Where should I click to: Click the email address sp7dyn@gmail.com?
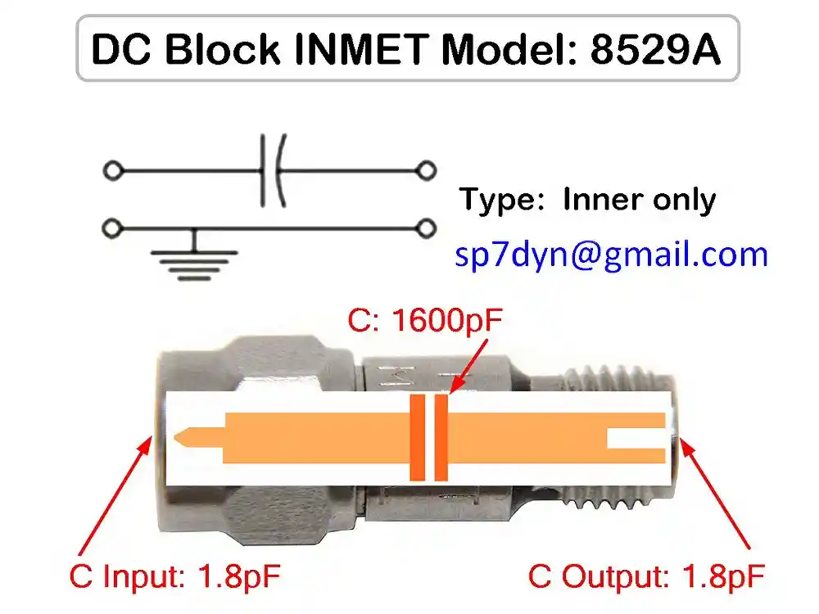(611, 255)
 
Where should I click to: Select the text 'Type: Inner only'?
(586, 200)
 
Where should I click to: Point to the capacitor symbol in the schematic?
(272, 171)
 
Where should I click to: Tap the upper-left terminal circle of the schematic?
(113, 171)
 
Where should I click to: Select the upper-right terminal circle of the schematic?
(425, 171)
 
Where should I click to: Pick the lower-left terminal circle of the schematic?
(113, 227)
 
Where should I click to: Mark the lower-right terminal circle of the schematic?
(425, 227)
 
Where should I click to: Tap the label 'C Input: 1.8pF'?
(175, 576)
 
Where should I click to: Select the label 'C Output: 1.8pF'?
(647, 576)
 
